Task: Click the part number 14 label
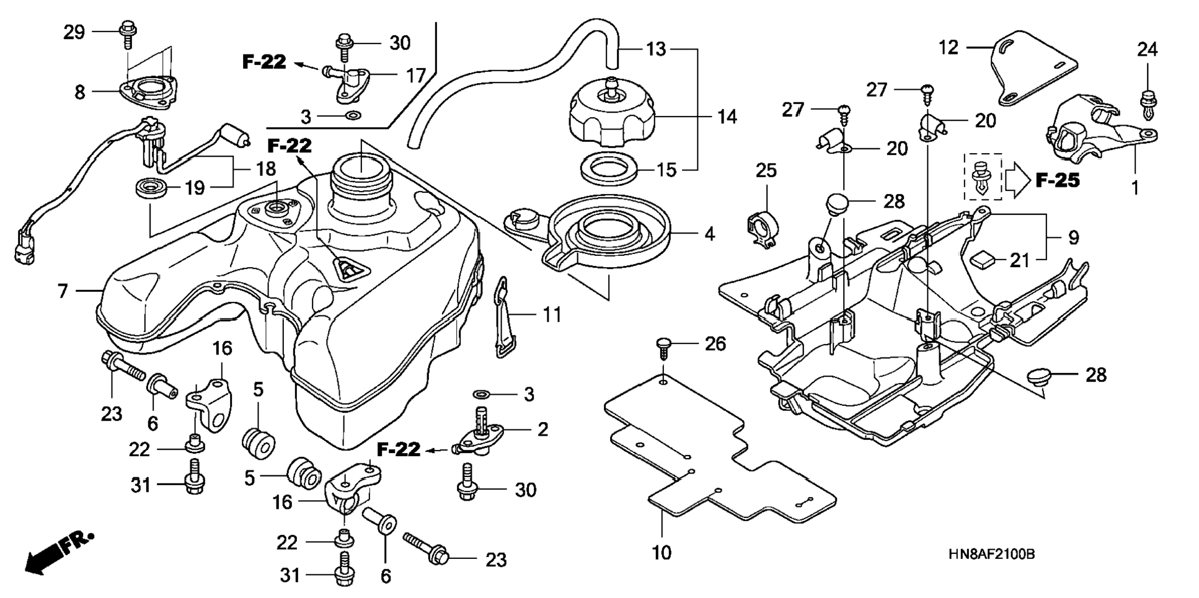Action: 727,117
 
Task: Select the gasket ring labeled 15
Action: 610,168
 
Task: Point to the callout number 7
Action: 63,290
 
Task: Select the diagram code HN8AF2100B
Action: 991,554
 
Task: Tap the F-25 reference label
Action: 1058,180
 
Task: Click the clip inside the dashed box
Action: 982,177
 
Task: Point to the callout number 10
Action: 661,552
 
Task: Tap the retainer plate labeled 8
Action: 144,91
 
